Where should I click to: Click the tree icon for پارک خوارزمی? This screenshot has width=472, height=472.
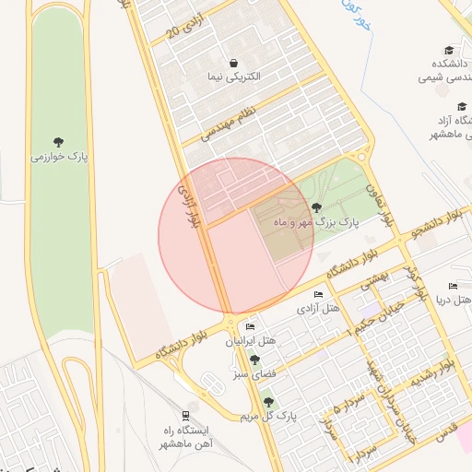pyautogui.click(x=58, y=142)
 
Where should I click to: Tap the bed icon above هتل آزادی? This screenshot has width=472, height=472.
pyautogui.click(x=318, y=294)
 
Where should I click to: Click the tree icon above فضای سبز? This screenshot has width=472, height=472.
pyautogui.click(x=254, y=360)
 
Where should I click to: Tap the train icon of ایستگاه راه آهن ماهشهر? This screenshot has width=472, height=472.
pyautogui.click(x=187, y=416)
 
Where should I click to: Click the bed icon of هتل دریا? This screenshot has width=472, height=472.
pyautogui.click(x=453, y=287)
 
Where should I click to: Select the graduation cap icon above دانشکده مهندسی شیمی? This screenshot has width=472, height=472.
pyautogui.click(x=449, y=51)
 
